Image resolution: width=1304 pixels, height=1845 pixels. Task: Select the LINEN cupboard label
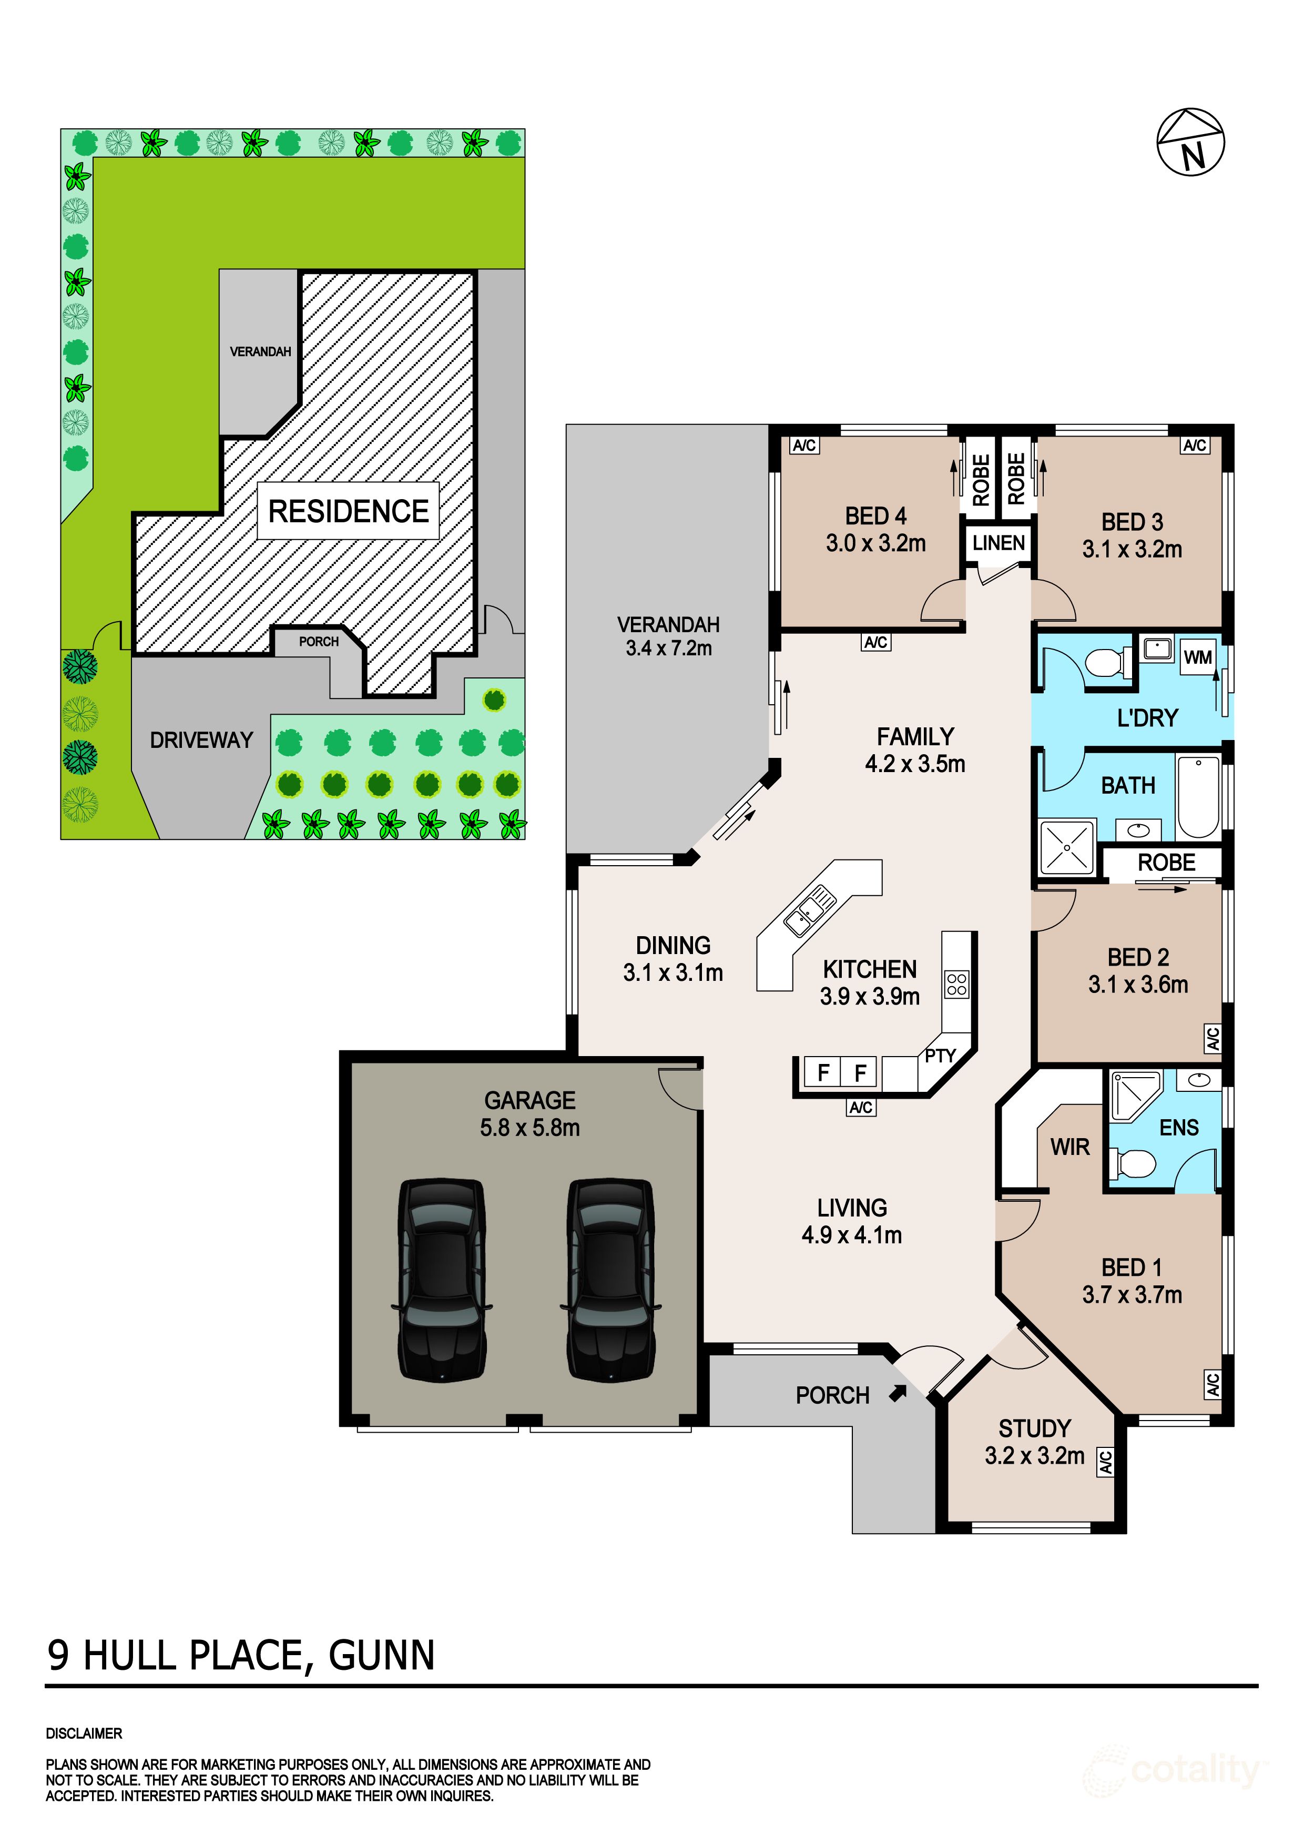click(x=999, y=543)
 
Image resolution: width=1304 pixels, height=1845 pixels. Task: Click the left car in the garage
click(x=442, y=1280)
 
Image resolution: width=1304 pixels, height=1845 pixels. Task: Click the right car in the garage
click(x=610, y=1280)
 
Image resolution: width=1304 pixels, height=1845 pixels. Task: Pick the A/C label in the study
click(x=1106, y=1462)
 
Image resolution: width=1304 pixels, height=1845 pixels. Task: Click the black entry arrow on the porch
click(x=898, y=1393)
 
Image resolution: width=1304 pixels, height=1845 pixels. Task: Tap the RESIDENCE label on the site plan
click(x=348, y=511)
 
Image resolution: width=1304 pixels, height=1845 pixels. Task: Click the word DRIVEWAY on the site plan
click(x=202, y=740)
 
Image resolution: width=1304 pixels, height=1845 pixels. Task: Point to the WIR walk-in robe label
click(x=1069, y=1147)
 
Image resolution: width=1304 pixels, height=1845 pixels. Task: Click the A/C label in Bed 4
click(x=804, y=445)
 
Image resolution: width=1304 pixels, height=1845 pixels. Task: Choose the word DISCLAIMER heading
click(x=84, y=1734)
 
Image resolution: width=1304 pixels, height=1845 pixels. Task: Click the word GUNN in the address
click(x=382, y=1656)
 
